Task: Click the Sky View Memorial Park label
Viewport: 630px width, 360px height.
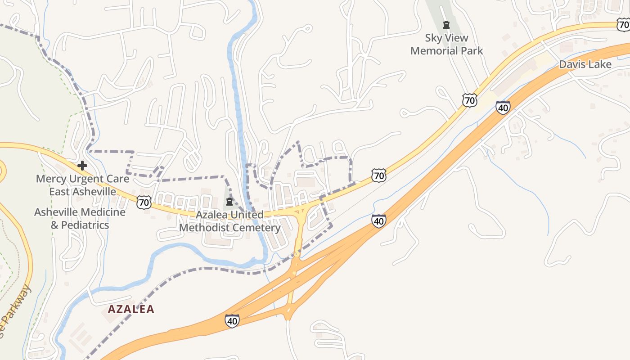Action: [446, 45]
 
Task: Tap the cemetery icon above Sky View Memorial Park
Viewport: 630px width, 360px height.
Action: [446, 25]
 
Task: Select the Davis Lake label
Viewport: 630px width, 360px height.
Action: [585, 64]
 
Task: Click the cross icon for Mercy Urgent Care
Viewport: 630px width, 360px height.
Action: [82, 166]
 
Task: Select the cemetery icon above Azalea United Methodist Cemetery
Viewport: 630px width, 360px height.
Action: [229, 201]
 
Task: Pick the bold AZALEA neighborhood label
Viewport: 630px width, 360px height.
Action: [131, 309]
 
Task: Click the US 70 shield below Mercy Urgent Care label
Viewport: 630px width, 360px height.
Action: [144, 202]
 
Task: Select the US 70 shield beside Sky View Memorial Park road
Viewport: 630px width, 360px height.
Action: [469, 100]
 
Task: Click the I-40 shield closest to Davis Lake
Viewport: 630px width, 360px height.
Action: [503, 107]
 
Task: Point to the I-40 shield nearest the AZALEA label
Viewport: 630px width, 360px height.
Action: [232, 321]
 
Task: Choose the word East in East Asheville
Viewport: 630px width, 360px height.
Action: [60, 192]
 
